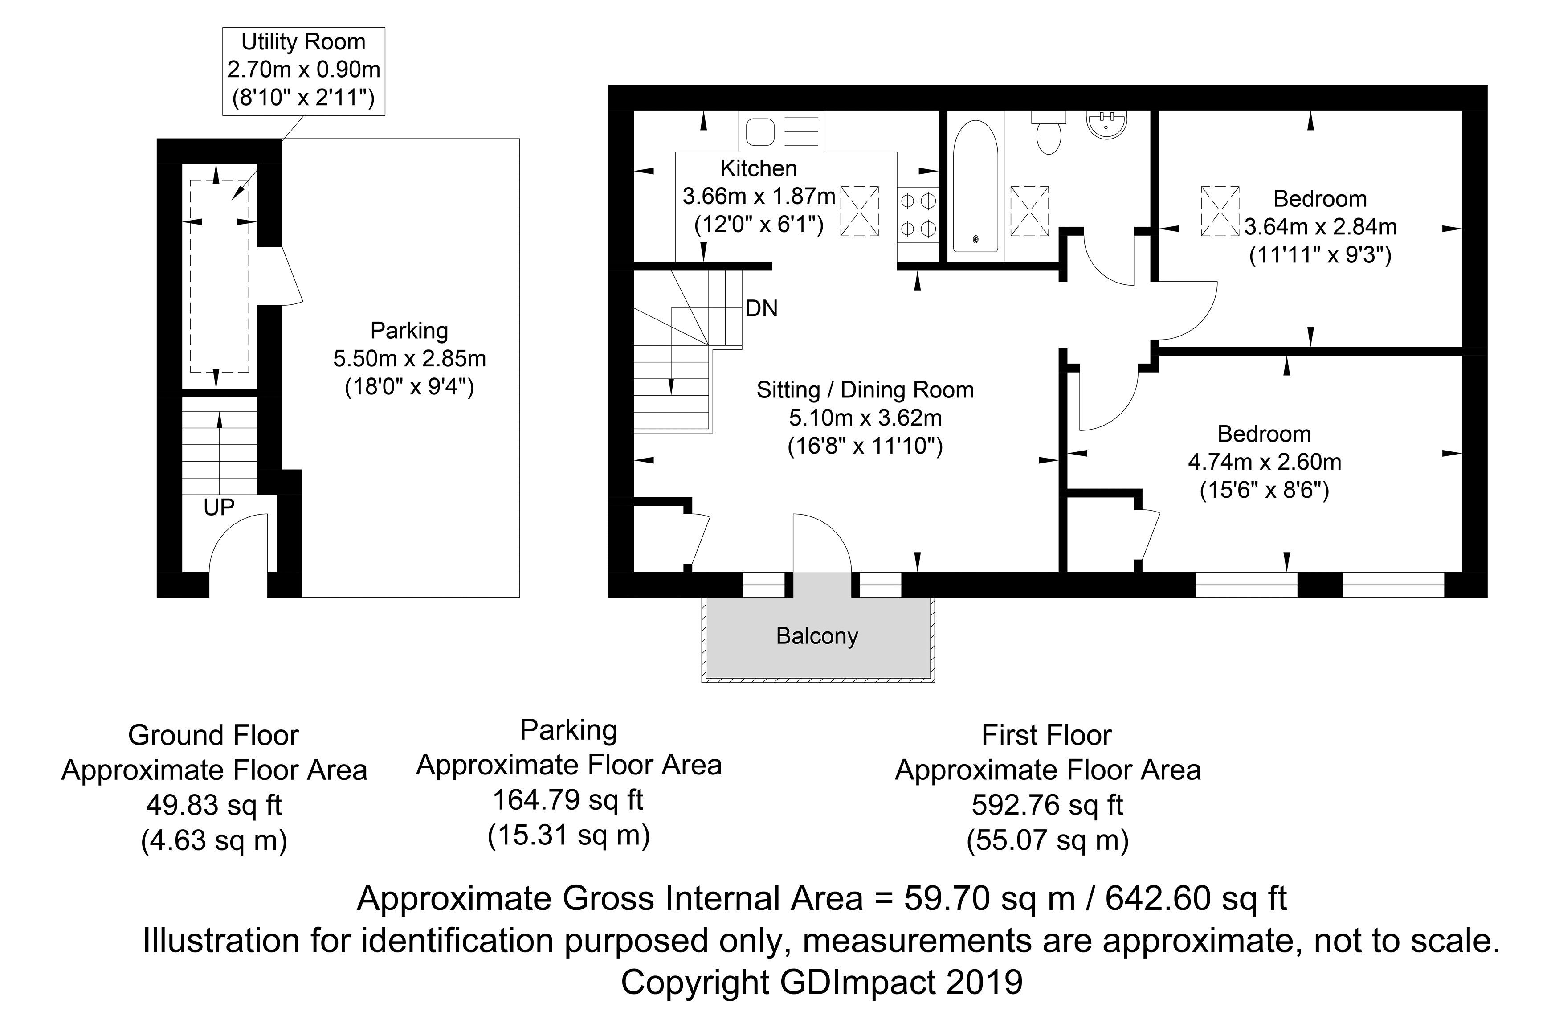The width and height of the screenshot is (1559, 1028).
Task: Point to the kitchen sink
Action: tap(780, 131)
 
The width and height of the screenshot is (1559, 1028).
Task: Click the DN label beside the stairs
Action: tap(762, 308)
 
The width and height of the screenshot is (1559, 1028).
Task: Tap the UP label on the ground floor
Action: tap(219, 507)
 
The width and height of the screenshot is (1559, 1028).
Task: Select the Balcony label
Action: tap(816, 636)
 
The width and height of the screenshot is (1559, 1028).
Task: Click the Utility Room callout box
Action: tap(303, 71)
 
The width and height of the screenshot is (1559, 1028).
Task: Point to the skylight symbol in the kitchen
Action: tap(859, 210)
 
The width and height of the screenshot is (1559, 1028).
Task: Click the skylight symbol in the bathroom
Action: tap(1029, 210)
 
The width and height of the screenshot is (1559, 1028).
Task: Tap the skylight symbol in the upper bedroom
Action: tap(1220, 210)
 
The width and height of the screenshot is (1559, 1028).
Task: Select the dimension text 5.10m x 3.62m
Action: tap(865, 418)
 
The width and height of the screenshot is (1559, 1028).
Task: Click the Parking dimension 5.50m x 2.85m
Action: tap(410, 359)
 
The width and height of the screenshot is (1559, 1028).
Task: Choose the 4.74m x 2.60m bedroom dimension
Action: tap(1265, 462)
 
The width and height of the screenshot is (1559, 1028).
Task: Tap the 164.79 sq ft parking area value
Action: tap(568, 800)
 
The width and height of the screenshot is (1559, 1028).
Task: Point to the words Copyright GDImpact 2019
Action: tap(822, 983)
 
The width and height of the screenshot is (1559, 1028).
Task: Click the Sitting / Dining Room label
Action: tap(865, 390)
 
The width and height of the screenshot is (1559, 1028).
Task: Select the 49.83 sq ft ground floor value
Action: tap(214, 805)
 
